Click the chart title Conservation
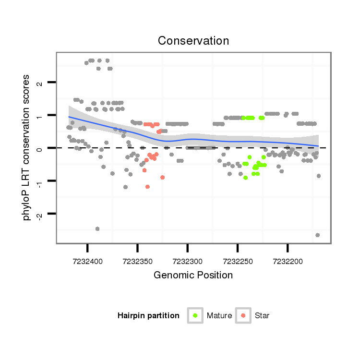[x=193, y=41]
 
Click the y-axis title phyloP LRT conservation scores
[x=27, y=147]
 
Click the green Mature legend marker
[x=195, y=315]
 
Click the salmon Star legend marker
[x=243, y=315]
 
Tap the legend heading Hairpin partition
[x=148, y=316]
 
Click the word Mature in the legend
[x=219, y=316]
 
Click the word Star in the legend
[x=262, y=316]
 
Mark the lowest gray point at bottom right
[x=317, y=235]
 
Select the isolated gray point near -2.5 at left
[x=97, y=229]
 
